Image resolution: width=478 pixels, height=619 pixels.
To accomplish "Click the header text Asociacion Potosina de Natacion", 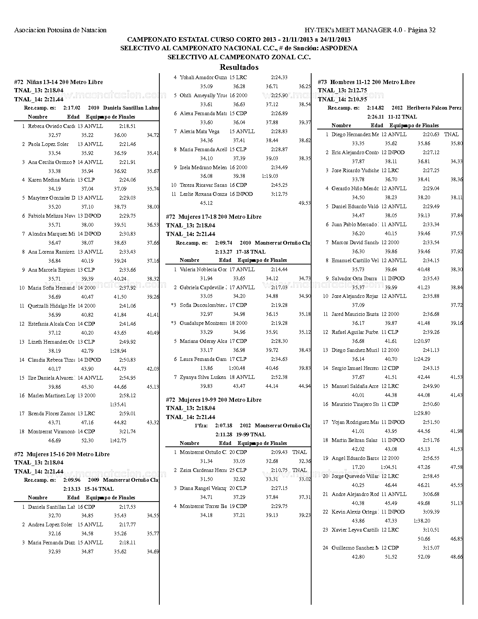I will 60,30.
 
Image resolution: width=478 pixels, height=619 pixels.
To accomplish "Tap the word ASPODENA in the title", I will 339,48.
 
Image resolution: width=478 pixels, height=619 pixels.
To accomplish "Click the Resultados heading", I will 239,68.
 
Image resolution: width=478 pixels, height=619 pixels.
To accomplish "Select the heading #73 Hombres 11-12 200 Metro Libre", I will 366,82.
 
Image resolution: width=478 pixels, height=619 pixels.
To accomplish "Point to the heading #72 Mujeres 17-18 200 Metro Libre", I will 214,217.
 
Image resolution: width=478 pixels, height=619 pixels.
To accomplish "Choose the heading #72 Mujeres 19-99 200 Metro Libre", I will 214,400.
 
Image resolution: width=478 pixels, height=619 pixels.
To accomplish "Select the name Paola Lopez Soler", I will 48,144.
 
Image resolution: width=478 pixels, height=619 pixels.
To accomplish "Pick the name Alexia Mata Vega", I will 199,132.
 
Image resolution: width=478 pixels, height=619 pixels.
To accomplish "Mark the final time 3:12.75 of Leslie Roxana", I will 279,194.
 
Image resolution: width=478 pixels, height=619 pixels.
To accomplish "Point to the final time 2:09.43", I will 279,452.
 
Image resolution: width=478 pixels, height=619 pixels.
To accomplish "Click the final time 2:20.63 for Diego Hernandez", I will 431,134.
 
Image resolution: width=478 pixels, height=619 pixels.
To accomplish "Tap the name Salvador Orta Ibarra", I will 354,278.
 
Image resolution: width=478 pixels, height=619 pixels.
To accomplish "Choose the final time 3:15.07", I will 431,548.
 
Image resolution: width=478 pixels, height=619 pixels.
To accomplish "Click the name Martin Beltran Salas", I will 354,440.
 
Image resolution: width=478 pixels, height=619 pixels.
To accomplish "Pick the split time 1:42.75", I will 118,441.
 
